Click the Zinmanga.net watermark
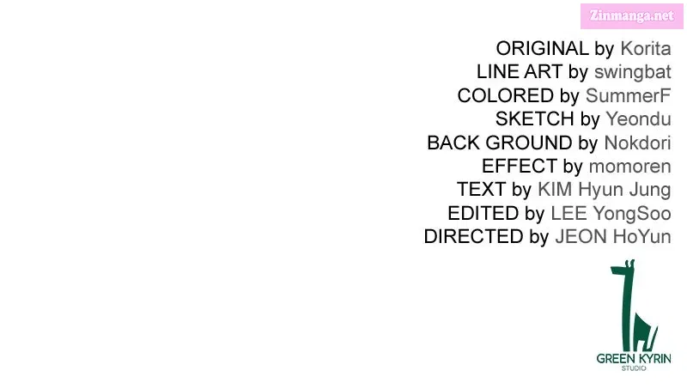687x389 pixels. [x=631, y=16]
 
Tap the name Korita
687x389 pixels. [x=646, y=49]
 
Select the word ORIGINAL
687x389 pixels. [x=543, y=49]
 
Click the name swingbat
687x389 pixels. [x=633, y=73]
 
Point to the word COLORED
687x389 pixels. [x=505, y=96]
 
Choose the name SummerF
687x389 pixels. [x=629, y=96]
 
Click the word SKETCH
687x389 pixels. [x=534, y=119]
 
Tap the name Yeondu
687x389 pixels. [x=638, y=119]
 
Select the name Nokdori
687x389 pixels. [x=637, y=143]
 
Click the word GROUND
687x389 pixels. [x=529, y=143]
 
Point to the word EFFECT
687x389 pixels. [x=520, y=167]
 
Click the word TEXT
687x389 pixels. [x=481, y=190]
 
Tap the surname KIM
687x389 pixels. [x=555, y=190]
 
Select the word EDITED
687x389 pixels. [x=483, y=213]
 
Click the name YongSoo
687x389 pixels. [x=632, y=214]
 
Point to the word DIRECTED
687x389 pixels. [x=473, y=236]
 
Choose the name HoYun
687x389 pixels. [x=641, y=236]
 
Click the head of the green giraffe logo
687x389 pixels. [x=623, y=268]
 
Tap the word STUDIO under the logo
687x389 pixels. [x=634, y=368]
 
